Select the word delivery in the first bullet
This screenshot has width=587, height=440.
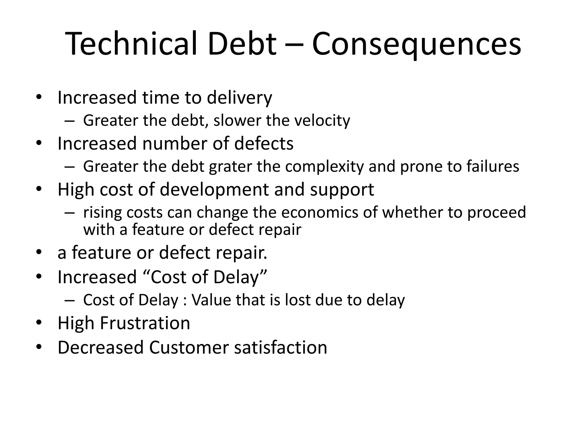click(x=239, y=98)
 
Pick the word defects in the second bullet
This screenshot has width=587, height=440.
click(x=264, y=144)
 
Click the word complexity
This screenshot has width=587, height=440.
click(x=324, y=167)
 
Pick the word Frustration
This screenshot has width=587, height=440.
click(x=145, y=323)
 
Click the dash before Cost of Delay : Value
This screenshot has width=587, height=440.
click(x=69, y=300)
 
